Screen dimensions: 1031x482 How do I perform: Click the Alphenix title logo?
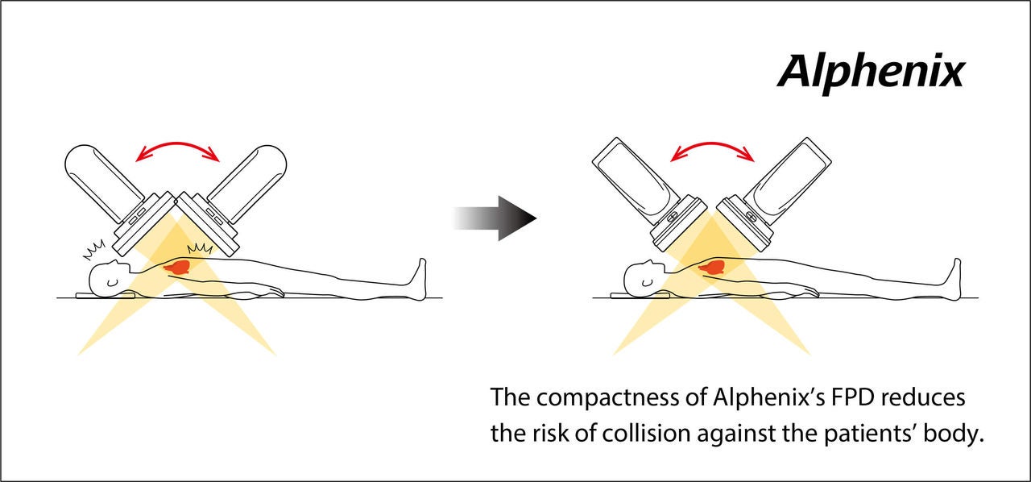(x=871, y=73)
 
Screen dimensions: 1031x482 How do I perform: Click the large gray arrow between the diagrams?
(x=495, y=218)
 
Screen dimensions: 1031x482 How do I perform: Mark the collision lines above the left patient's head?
(x=94, y=250)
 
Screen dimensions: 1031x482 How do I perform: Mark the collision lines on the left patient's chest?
(x=200, y=248)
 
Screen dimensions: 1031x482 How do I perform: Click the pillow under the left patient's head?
(x=106, y=295)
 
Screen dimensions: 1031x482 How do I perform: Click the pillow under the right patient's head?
(x=640, y=295)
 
